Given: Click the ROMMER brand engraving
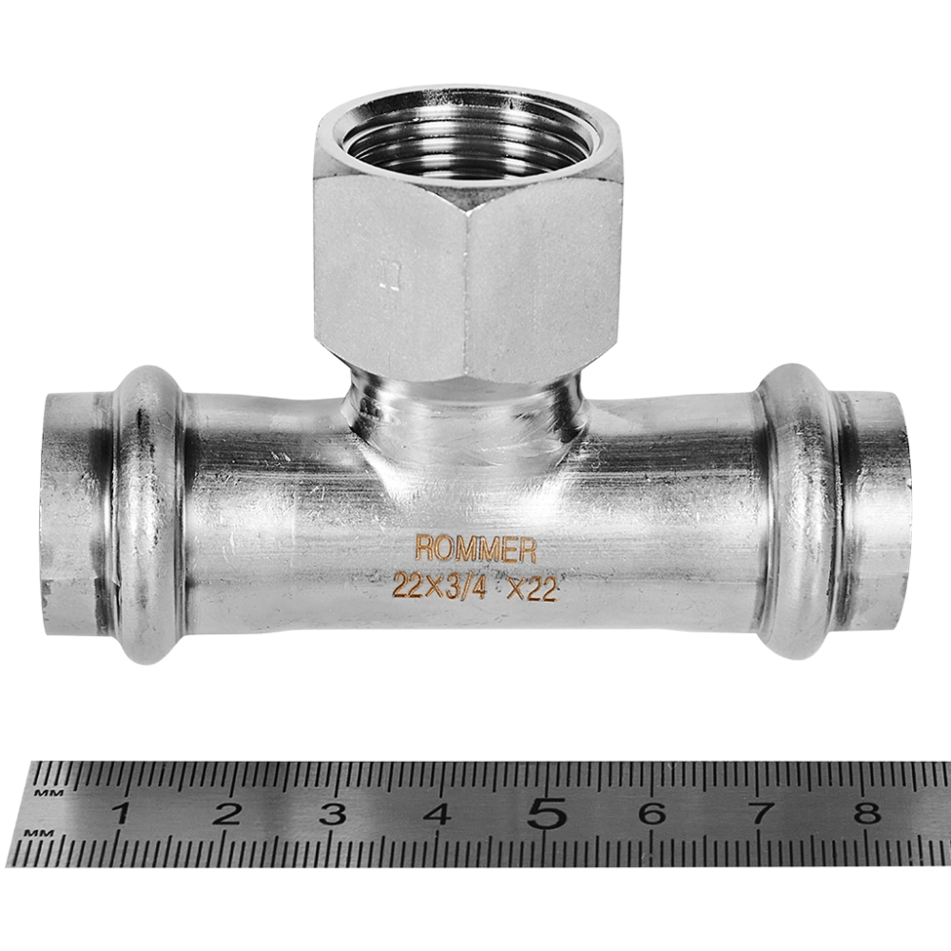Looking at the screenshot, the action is click(x=475, y=549).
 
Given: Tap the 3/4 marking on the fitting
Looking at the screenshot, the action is click(x=466, y=587).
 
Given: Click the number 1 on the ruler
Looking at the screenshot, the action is click(x=123, y=813).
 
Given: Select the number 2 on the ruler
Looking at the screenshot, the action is click(x=227, y=813).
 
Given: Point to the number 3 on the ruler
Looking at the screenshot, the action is click(x=333, y=814).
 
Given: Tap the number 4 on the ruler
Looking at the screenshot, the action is click(x=437, y=814).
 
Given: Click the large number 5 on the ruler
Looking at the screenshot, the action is click(x=547, y=812).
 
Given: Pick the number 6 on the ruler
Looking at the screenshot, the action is click(x=652, y=813).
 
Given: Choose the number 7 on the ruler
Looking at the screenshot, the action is click(x=761, y=813).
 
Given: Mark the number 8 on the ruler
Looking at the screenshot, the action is click(x=867, y=813).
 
